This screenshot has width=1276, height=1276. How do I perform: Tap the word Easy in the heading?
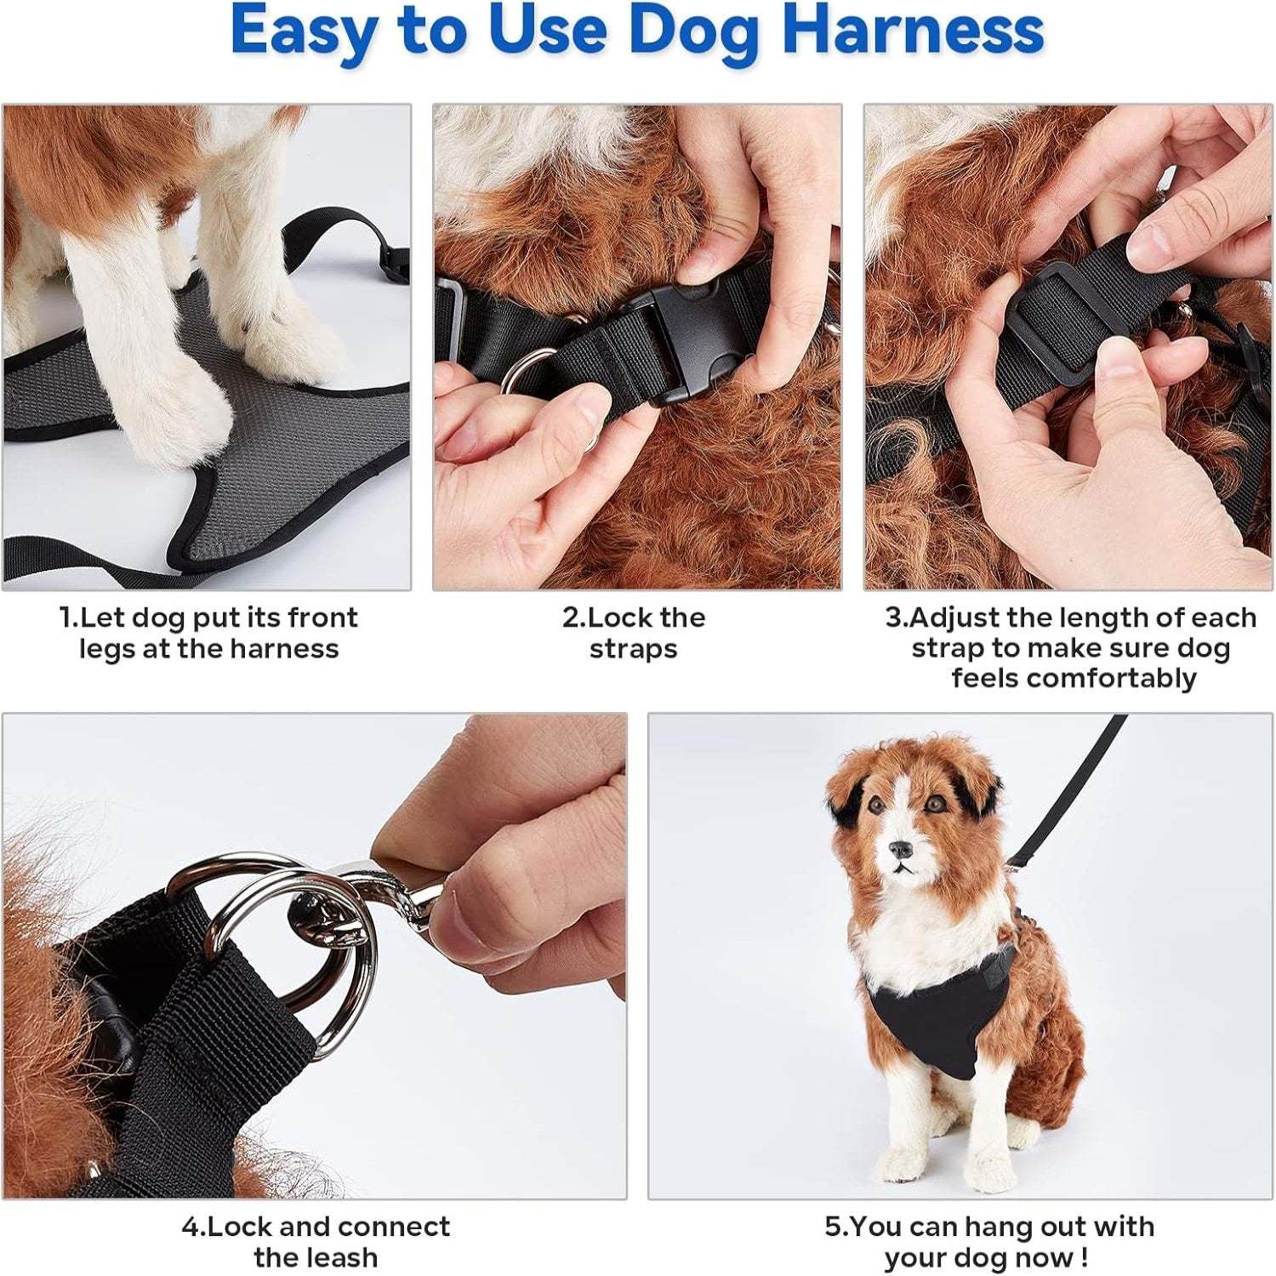[302, 31]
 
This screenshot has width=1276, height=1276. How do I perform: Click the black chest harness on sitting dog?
[927, 1021]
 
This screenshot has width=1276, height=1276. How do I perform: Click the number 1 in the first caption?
[66, 618]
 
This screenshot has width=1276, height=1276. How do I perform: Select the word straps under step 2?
[634, 649]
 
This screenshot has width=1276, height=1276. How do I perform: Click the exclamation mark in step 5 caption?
[1083, 1257]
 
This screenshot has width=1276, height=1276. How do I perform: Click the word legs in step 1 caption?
[110, 649]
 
